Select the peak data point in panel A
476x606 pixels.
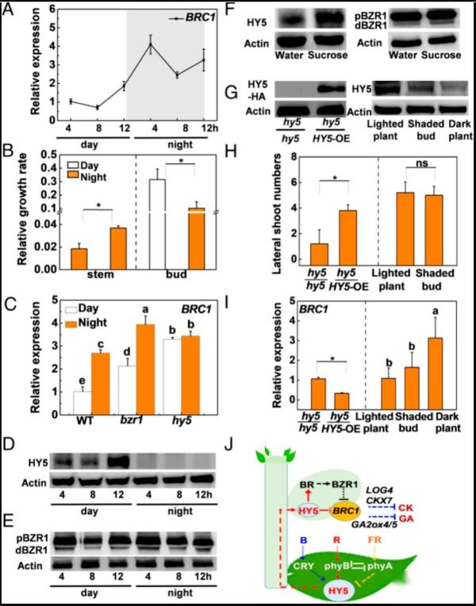[150, 45]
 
